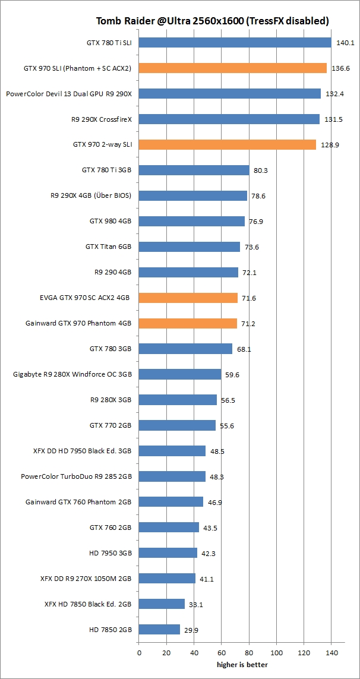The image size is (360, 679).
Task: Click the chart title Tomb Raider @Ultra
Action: [213, 21]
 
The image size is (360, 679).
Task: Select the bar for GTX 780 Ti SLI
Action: [235, 43]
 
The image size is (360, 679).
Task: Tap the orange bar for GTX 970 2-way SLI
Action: [228, 145]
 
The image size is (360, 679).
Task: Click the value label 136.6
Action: [340, 68]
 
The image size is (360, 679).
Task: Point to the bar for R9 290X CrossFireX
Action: [229, 119]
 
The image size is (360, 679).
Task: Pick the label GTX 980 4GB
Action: [110, 221]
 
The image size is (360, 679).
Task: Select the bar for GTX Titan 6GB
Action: [190, 247]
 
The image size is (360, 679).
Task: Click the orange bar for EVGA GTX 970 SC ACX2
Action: [188, 298]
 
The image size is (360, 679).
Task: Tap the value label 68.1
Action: [244, 349]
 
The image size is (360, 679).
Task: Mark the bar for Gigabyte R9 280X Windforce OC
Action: [180, 374]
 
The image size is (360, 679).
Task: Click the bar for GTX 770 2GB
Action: [177, 425]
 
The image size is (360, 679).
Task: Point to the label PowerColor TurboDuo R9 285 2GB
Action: [76, 476]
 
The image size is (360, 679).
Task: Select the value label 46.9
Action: [215, 502]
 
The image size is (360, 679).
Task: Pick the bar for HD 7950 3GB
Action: [168, 553]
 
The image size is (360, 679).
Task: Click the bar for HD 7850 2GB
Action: [159, 629]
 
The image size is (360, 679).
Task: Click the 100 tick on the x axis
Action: [276, 653]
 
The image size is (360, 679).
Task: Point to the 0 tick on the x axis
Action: [140, 653]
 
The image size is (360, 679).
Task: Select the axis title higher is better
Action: [242, 664]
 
